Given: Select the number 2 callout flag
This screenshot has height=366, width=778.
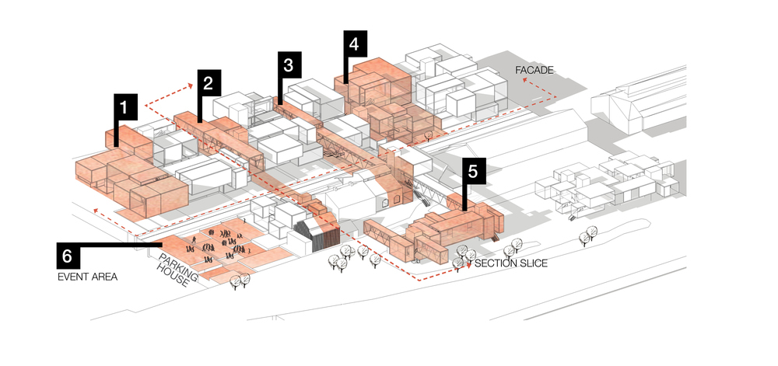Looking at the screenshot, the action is [209, 83].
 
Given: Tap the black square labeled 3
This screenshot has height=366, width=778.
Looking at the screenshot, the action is [289, 64].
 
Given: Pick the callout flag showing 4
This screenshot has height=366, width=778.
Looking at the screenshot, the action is [355, 44].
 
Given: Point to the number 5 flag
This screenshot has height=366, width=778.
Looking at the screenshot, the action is [473, 172].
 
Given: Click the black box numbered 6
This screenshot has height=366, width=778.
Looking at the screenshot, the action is [68, 256].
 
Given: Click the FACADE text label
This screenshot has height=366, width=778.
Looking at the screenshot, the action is [534, 71].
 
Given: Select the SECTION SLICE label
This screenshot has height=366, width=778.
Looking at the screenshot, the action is [510, 263].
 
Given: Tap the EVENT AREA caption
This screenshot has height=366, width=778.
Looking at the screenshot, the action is [88, 277].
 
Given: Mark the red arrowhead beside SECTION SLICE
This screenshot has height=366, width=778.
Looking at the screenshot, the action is [468, 264].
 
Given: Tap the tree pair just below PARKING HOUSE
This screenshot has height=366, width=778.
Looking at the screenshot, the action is [240, 281].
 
